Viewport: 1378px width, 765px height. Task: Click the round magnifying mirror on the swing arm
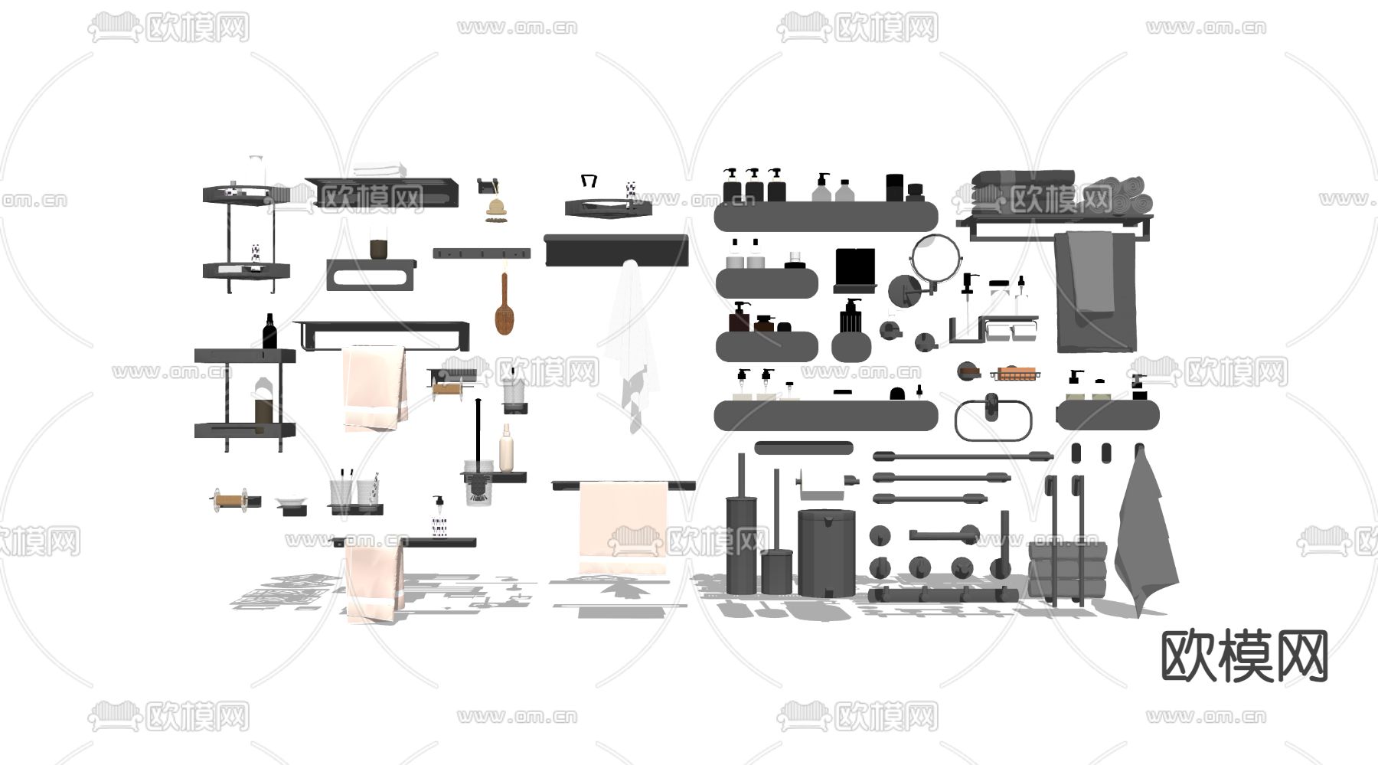[x=935, y=257]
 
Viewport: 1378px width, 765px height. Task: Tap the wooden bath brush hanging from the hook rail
[x=503, y=305]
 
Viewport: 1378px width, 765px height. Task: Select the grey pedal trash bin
[x=826, y=551]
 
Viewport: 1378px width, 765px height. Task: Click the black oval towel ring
[x=994, y=420]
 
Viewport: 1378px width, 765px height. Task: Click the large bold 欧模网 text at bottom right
[x=1245, y=656]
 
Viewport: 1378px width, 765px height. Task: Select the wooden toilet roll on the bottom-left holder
[x=228, y=501]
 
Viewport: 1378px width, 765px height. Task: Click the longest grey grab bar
[x=963, y=456]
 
